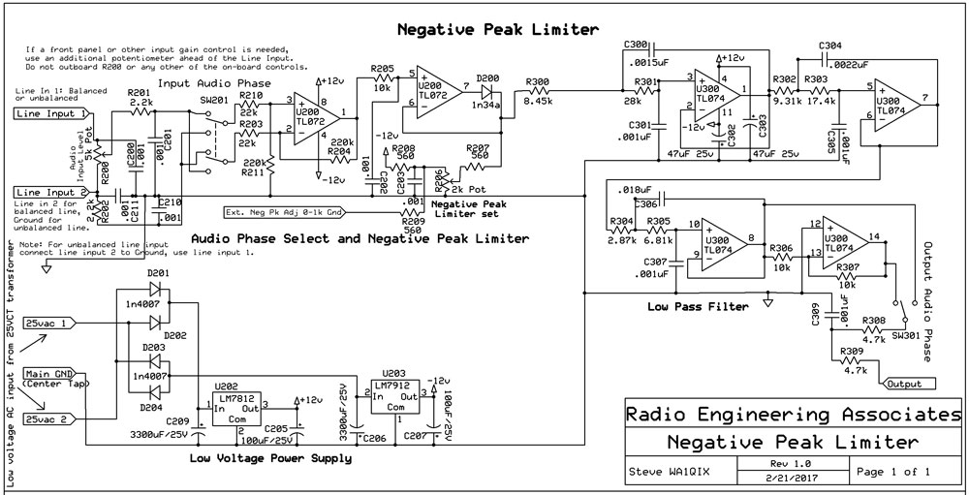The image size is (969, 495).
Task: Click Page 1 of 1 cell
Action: tap(893, 471)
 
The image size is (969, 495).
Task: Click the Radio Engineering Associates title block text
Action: tap(792, 415)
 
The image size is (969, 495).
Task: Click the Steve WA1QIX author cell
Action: tap(670, 472)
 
